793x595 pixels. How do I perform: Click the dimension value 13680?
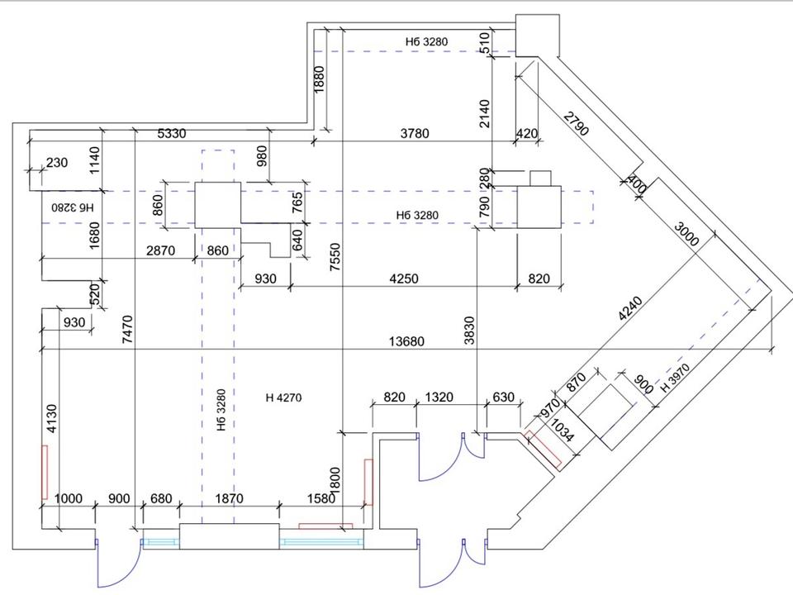(x=406, y=341)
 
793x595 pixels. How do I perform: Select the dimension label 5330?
(x=172, y=134)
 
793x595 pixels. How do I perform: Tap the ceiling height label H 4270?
(x=283, y=397)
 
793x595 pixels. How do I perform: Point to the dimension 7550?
(x=335, y=257)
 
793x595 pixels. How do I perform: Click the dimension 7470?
(x=127, y=330)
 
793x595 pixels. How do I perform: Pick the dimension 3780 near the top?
(x=415, y=134)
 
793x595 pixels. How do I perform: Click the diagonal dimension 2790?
(x=577, y=124)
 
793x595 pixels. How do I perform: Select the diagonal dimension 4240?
(x=630, y=308)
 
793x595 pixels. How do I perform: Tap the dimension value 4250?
(x=404, y=278)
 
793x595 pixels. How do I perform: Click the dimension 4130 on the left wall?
(x=52, y=418)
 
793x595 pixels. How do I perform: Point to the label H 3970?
(x=676, y=378)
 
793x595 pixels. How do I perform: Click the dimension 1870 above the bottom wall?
(x=229, y=498)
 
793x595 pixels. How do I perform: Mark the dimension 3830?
(x=470, y=331)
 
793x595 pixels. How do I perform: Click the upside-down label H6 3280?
(x=73, y=207)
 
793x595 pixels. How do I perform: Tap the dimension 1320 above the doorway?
(x=439, y=397)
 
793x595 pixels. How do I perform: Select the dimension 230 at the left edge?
(x=57, y=163)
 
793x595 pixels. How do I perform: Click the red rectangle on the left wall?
(x=45, y=472)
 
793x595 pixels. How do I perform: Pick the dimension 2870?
(x=160, y=250)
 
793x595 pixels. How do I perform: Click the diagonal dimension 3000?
(x=686, y=234)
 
